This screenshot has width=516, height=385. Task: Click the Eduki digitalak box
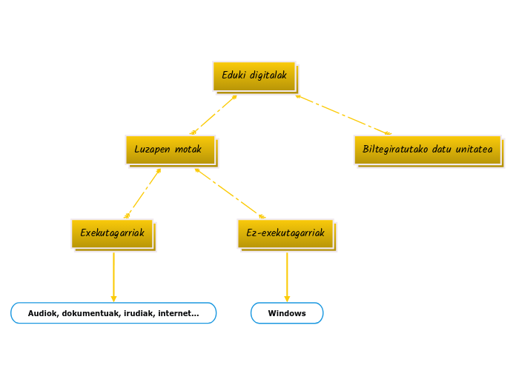[254, 76]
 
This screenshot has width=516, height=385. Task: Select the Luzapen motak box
[171, 150]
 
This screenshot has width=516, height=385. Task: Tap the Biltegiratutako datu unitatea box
[427, 150]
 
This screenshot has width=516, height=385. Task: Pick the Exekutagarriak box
[113, 233]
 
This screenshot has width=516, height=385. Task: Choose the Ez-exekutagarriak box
[285, 233]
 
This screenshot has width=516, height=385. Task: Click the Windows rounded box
[287, 313]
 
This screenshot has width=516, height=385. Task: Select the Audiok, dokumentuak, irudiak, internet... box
[113, 313]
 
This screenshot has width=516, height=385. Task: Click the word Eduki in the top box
[234, 76]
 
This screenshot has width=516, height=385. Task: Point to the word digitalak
[268, 76]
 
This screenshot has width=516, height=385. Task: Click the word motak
[188, 150]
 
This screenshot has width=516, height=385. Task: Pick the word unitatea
[474, 150]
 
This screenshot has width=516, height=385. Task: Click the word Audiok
[42, 313]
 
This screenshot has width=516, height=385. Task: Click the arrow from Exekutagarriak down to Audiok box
[113, 278]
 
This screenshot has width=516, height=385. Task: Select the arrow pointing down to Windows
[287, 278]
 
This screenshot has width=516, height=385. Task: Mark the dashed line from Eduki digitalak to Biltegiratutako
[343, 115]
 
